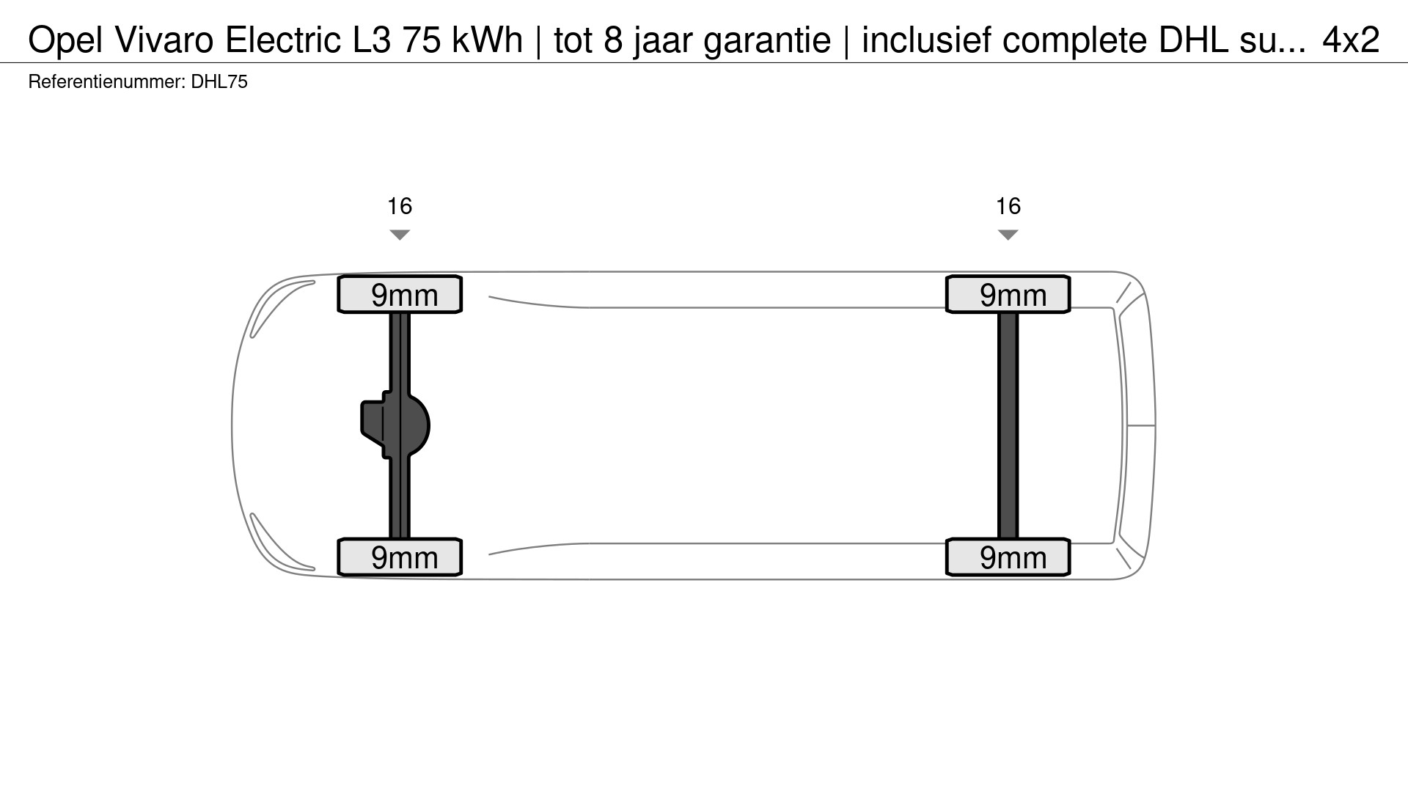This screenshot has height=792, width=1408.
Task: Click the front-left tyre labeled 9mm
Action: pos(400,557)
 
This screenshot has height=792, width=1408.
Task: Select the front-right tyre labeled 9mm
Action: pos(400,294)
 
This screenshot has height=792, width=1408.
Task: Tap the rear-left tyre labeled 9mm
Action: pos(1008,557)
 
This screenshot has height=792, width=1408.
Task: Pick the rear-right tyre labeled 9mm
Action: pos(1008,294)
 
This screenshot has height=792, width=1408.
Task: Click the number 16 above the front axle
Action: pos(400,206)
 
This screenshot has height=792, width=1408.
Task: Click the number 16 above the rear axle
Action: pos(1008,206)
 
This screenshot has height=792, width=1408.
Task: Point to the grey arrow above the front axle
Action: pos(400,235)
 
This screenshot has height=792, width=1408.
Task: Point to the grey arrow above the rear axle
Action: pos(1008,235)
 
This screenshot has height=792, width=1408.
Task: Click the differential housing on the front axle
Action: pos(395,425)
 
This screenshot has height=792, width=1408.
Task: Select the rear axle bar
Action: pos(1008,425)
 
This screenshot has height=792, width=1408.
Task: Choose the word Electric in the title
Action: pos(284,40)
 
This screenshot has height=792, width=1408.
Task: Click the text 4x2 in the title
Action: pos(1351,40)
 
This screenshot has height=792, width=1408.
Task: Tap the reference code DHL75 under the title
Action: pos(219,82)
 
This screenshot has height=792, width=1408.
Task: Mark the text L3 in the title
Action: pos(372,40)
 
